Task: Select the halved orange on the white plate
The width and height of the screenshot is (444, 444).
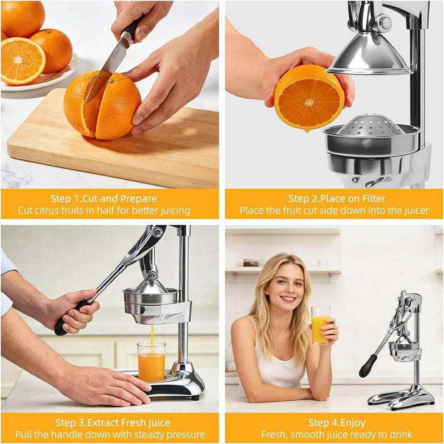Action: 22,60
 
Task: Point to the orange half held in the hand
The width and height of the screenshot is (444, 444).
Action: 309,98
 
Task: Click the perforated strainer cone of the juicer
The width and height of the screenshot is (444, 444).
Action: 371,125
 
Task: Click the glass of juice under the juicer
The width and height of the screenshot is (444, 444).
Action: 151,361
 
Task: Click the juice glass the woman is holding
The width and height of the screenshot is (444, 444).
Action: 320,325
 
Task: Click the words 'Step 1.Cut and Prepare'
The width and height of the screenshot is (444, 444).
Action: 104,199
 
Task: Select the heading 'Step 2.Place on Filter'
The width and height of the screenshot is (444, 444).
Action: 337,199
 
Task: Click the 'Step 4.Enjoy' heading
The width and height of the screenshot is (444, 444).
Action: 337,423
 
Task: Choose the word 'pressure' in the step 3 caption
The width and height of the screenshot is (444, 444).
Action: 185,435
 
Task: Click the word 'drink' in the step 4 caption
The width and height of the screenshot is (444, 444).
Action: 396,435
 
